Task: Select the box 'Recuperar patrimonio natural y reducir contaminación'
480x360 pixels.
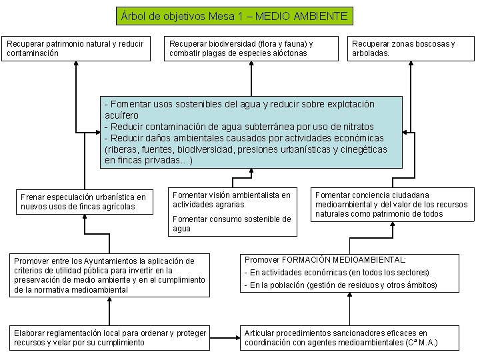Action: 77,48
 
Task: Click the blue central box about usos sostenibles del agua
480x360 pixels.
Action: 252,133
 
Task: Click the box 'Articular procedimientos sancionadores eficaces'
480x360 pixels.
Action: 351,338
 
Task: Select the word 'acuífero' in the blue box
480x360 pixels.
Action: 122,115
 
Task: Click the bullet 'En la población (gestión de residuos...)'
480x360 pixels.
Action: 340,285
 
